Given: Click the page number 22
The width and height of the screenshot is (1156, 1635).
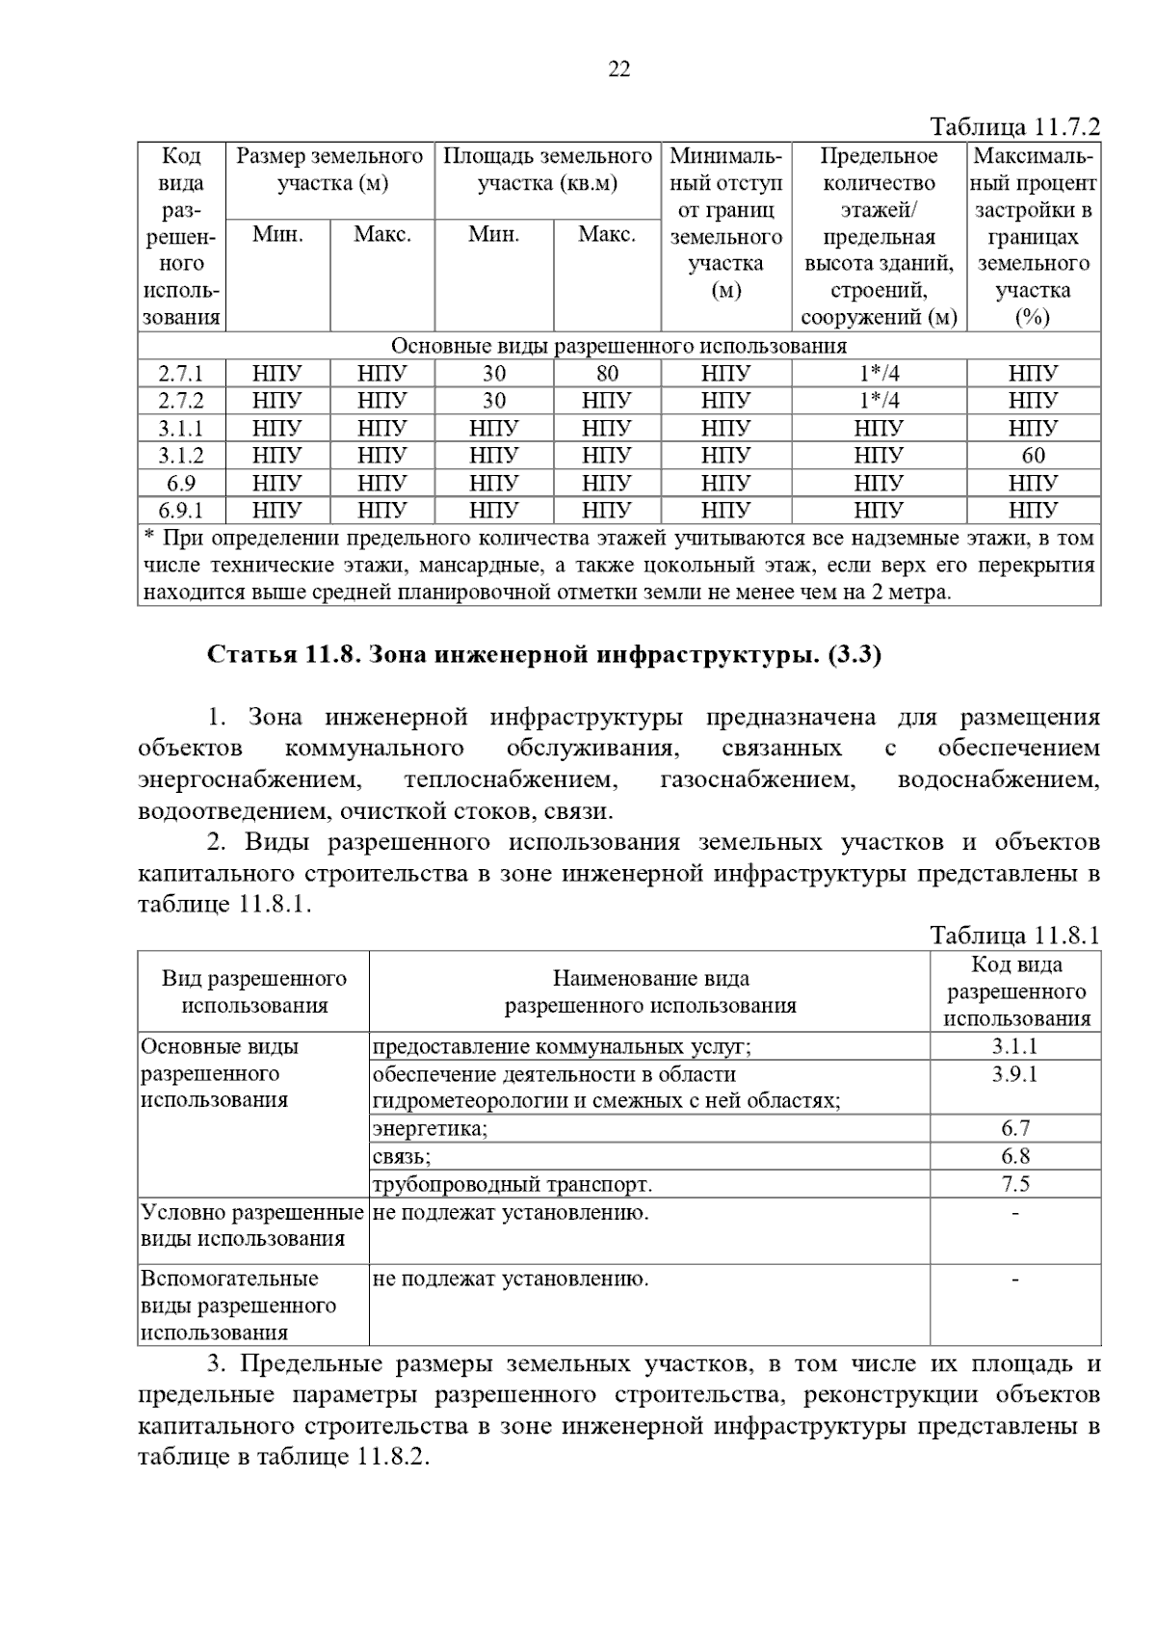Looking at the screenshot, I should (x=619, y=68).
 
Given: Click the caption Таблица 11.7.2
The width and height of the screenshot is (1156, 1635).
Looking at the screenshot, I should (x=1014, y=127).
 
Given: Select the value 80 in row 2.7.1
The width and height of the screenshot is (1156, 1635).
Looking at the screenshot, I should (x=607, y=374).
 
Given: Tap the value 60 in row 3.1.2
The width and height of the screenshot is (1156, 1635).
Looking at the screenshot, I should (x=1033, y=456).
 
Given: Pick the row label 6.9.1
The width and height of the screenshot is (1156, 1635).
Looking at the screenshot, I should (x=181, y=511).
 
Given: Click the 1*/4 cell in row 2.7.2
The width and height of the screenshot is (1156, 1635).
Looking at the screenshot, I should (x=879, y=401).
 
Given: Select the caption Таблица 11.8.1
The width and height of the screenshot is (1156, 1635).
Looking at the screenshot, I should (x=1014, y=936).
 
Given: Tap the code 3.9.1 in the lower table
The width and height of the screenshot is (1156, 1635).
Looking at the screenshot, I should (x=1015, y=1074).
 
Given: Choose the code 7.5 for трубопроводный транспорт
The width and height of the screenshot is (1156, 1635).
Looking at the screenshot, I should (x=1015, y=1184).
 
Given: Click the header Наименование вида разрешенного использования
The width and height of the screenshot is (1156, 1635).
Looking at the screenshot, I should (x=650, y=992).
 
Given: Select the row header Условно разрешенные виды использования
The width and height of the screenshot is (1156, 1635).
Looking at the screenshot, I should (x=252, y=1226).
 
